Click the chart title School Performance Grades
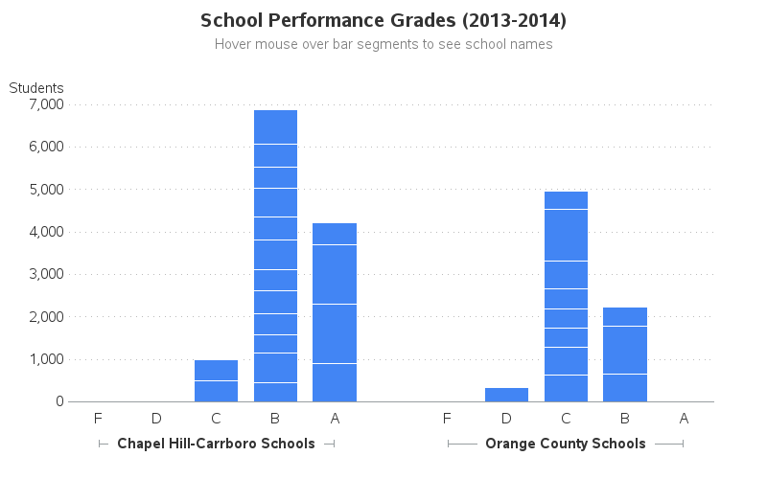383,20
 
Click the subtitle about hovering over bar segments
383,44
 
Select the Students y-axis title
36,88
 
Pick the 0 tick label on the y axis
58,401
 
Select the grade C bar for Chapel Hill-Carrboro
216,381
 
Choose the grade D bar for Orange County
506,395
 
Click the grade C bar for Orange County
566,297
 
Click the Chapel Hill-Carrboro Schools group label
216,444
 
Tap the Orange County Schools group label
566,444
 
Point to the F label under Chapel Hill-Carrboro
98,418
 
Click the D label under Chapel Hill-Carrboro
156,418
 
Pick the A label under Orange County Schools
684,418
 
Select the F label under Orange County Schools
447,418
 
